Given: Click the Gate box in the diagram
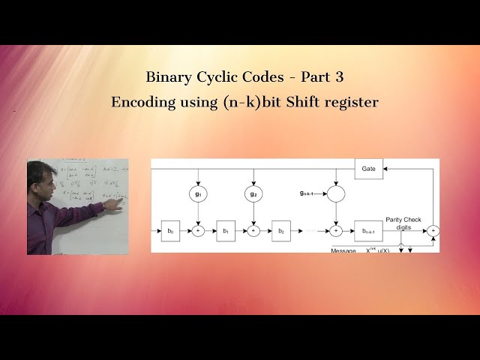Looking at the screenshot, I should click(368, 169).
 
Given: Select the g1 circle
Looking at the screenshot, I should click(198, 193).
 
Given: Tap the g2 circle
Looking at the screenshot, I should click(253, 193).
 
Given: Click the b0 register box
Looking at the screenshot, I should click(170, 231).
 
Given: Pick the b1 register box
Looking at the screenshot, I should click(226, 231).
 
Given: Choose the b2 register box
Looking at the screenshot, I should click(281, 231).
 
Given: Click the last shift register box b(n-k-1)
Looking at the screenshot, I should click(368, 231).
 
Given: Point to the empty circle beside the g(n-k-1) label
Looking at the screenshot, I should click(337, 193).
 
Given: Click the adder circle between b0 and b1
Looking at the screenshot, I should click(198, 231).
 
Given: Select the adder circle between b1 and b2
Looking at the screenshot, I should click(253, 231).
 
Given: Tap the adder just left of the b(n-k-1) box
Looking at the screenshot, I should click(337, 231).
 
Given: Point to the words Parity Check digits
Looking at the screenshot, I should click(403, 223).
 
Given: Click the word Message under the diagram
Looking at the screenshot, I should click(343, 250).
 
